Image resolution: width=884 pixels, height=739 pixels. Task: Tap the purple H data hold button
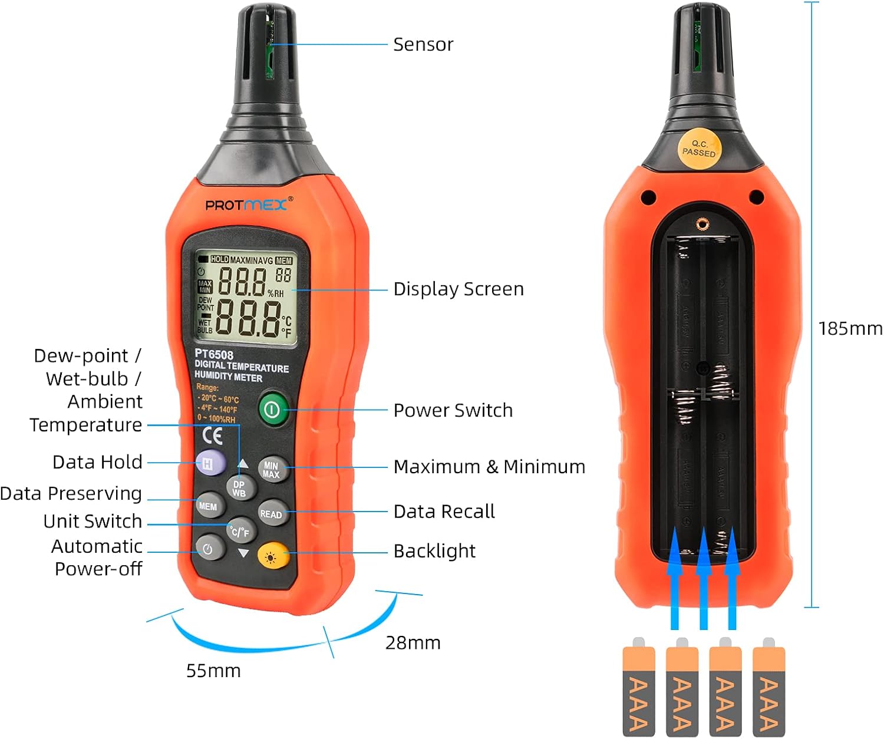point(210,463)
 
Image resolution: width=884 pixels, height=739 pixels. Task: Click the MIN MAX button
point(272,470)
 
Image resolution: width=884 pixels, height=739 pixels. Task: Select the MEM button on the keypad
point(209,506)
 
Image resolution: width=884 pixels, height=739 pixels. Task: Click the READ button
point(272,514)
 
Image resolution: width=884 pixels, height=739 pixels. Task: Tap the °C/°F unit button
point(240,532)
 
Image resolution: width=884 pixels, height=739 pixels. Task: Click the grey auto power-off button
point(208,549)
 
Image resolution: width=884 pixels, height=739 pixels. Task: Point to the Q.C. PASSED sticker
point(699,149)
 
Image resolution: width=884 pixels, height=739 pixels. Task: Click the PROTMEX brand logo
point(246,205)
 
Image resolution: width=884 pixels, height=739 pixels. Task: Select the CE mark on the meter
point(213,436)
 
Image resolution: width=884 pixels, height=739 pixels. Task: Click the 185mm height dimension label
point(850,328)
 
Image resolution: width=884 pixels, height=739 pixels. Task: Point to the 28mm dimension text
point(413,642)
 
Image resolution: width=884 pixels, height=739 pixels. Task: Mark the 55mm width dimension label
point(213,671)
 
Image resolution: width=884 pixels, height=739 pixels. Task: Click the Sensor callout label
point(423,45)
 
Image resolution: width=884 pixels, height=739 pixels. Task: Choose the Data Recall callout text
point(444,512)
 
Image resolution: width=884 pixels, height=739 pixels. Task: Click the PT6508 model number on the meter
point(214,355)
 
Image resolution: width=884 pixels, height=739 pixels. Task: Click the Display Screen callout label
point(458,289)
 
